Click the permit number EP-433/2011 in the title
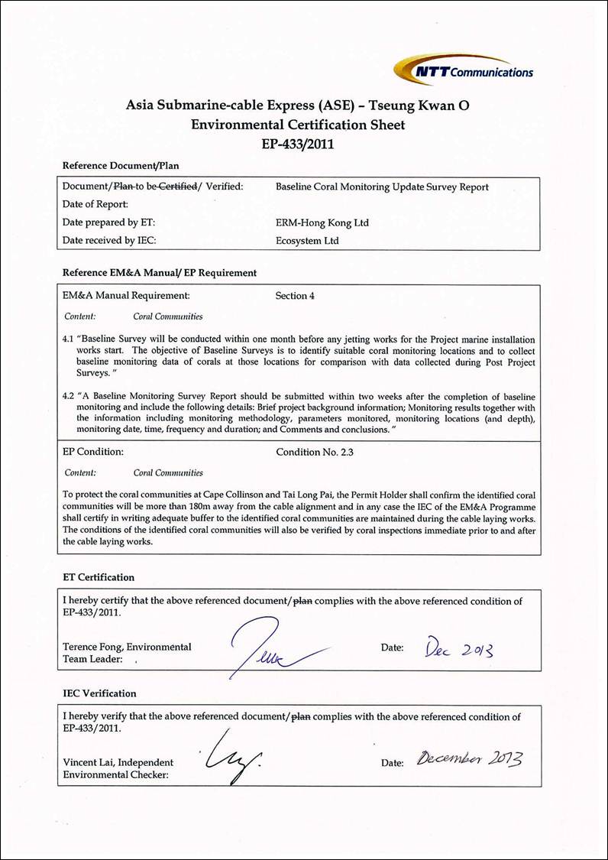pyautogui.click(x=303, y=141)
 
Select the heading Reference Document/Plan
pyautogui.click(x=121, y=165)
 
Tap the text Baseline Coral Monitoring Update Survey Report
pyautogui.click(x=381, y=187)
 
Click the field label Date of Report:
pyautogui.click(x=95, y=204)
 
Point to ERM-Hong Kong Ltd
pyautogui.click(x=322, y=222)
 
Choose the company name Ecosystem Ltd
pyautogui.click(x=307, y=241)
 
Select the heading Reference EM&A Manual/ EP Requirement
pyautogui.click(x=159, y=272)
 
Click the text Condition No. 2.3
pyautogui.click(x=315, y=452)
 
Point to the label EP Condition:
pyautogui.click(x=92, y=452)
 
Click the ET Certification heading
pyautogui.click(x=98, y=577)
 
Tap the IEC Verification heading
pyautogui.click(x=99, y=693)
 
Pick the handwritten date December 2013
pyautogui.click(x=470, y=760)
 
